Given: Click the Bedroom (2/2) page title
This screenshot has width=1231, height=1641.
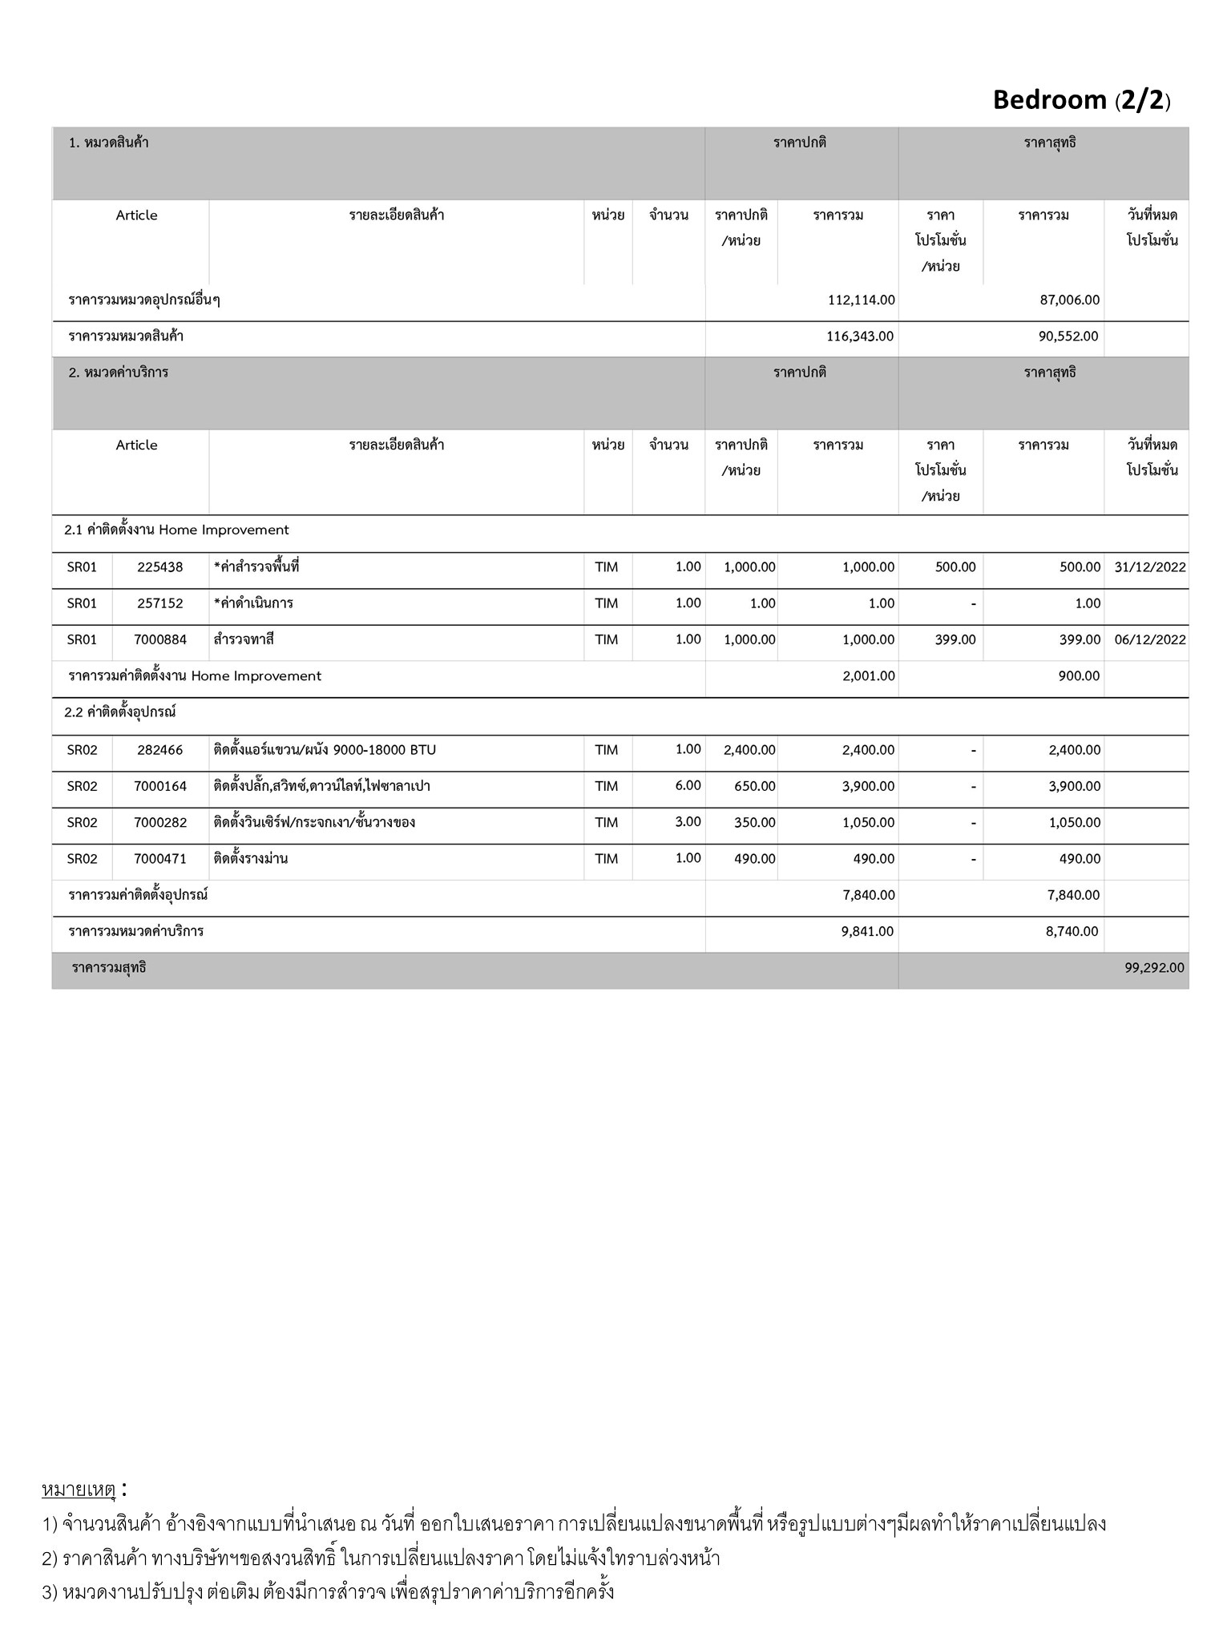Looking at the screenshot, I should click(1081, 99).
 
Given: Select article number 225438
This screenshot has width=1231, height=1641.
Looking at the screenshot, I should click(160, 567).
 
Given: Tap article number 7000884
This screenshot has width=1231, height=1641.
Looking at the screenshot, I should click(160, 639).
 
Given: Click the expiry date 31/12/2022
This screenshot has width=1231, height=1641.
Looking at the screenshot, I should click(1150, 567).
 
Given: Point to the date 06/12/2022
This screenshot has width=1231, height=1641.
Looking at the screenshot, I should click(1150, 639).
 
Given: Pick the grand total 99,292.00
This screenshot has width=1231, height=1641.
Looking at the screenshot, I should click(1154, 968).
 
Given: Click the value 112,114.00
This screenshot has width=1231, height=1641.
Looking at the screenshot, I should click(862, 300).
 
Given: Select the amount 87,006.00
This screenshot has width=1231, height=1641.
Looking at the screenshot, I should click(1070, 300).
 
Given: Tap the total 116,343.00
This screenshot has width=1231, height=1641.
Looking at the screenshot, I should click(860, 337).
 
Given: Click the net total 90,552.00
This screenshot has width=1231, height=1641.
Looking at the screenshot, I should click(1068, 337).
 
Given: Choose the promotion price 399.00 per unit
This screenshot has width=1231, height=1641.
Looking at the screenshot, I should click(955, 639).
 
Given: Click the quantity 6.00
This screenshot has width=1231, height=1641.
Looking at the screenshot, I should click(688, 786).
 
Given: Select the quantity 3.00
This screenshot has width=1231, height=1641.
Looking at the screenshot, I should click(688, 822).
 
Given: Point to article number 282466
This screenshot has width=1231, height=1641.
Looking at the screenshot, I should click(160, 750).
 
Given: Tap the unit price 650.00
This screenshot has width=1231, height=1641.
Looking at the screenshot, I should click(755, 786).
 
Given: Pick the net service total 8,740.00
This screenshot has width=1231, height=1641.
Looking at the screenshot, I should click(1072, 931).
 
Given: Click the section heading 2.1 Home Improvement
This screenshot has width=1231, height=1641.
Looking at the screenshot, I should click(176, 530).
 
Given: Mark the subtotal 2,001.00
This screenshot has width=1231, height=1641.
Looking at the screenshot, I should click(869, 676).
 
